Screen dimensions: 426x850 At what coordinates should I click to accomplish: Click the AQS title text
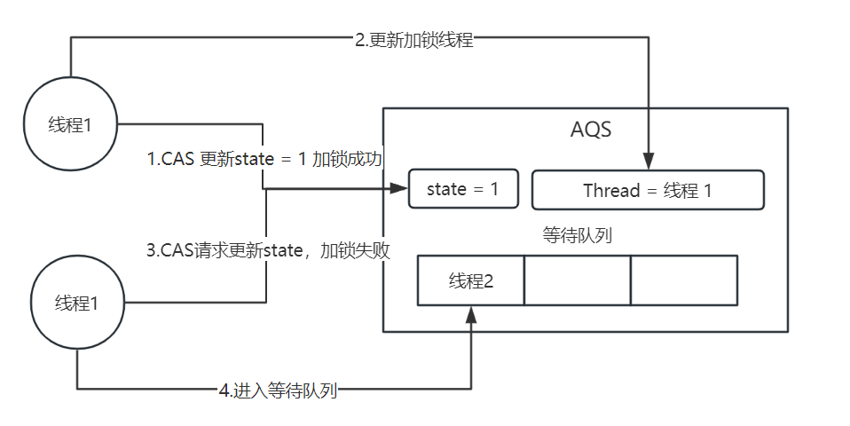[591, 130]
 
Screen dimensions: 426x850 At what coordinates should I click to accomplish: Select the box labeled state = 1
[462, 189]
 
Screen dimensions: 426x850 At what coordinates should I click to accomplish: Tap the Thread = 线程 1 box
[647, 190]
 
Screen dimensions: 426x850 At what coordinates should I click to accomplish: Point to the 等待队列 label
[577, 236]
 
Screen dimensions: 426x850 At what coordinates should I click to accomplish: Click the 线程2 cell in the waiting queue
[470, 280]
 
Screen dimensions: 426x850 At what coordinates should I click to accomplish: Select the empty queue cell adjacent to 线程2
[577, 280]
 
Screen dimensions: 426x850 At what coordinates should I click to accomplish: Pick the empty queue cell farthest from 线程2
[683, 280]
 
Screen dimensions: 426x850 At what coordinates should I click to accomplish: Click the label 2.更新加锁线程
[413, 39]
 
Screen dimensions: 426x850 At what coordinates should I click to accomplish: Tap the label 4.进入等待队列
[278, 390]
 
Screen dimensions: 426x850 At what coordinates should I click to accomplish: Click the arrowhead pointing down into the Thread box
[649, 162]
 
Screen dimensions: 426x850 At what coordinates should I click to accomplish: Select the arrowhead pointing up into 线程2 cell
[471, 312]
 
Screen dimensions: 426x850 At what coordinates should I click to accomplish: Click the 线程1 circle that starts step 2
[70, 124]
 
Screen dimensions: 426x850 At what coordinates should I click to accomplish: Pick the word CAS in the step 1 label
[180, 160]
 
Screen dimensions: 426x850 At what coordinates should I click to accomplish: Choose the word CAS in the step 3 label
[177, 250]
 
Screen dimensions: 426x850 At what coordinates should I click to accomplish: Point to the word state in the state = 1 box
[445, 189]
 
